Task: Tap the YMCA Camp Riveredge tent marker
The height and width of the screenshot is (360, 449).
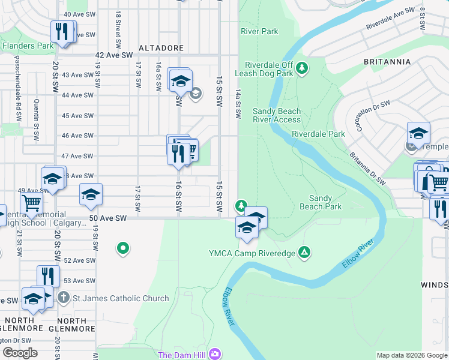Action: coord(305,253)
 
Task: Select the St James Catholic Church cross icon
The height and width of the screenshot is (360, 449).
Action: coord(64,298)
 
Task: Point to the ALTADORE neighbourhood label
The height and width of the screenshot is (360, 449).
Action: coord(157,47)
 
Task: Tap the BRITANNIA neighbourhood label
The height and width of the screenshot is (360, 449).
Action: coord(387,62)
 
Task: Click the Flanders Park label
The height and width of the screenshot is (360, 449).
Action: coord(28,45)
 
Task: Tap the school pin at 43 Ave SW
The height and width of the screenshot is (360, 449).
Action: coord(180,81)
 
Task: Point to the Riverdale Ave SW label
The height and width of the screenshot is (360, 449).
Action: coord(391,19)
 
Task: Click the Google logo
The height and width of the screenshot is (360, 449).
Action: coord(20,353)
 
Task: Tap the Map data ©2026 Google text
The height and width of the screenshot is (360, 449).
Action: coord(412,355)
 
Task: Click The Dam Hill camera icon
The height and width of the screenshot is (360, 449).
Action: coord(215,355)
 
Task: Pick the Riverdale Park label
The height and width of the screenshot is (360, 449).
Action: coord(318,134)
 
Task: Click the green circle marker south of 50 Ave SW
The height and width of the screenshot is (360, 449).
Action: coord(123,247)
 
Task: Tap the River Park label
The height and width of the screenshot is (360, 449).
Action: coord(259,31)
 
